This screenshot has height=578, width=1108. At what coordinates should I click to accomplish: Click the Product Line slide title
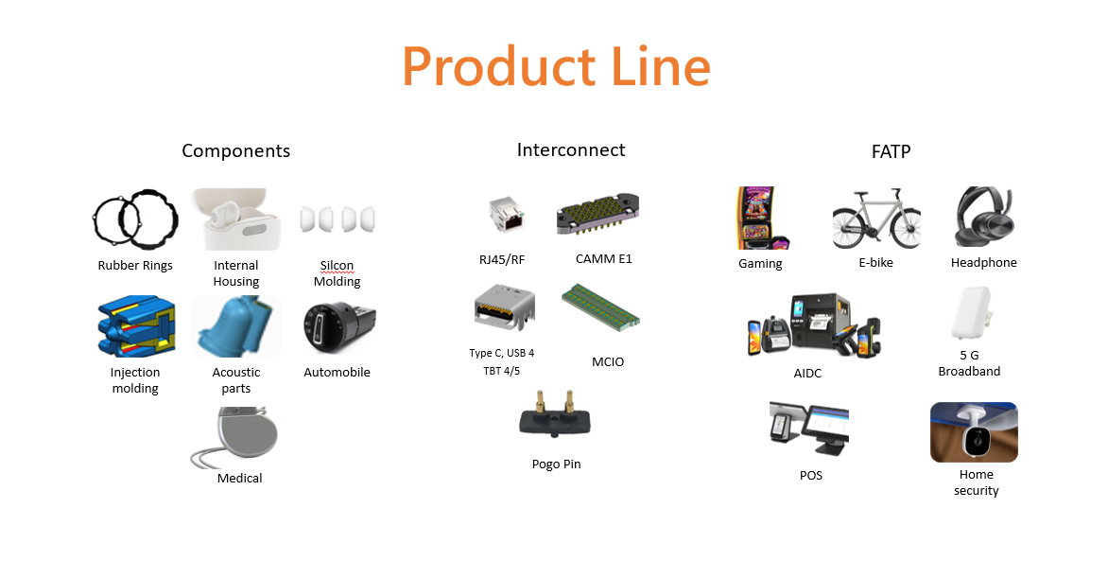556,67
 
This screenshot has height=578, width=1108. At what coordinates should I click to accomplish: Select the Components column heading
235,151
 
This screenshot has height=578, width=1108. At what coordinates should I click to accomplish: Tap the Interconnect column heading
571,149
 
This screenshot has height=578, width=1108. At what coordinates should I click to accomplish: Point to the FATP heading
891,151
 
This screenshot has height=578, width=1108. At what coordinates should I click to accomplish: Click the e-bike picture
875,219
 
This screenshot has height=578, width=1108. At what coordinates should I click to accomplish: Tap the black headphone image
984,219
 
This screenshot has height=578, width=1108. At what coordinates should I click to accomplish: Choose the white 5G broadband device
970,313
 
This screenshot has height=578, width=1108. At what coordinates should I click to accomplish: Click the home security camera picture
974,432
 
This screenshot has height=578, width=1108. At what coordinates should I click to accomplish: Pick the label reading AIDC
807,374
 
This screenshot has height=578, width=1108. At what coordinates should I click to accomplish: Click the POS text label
811,475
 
